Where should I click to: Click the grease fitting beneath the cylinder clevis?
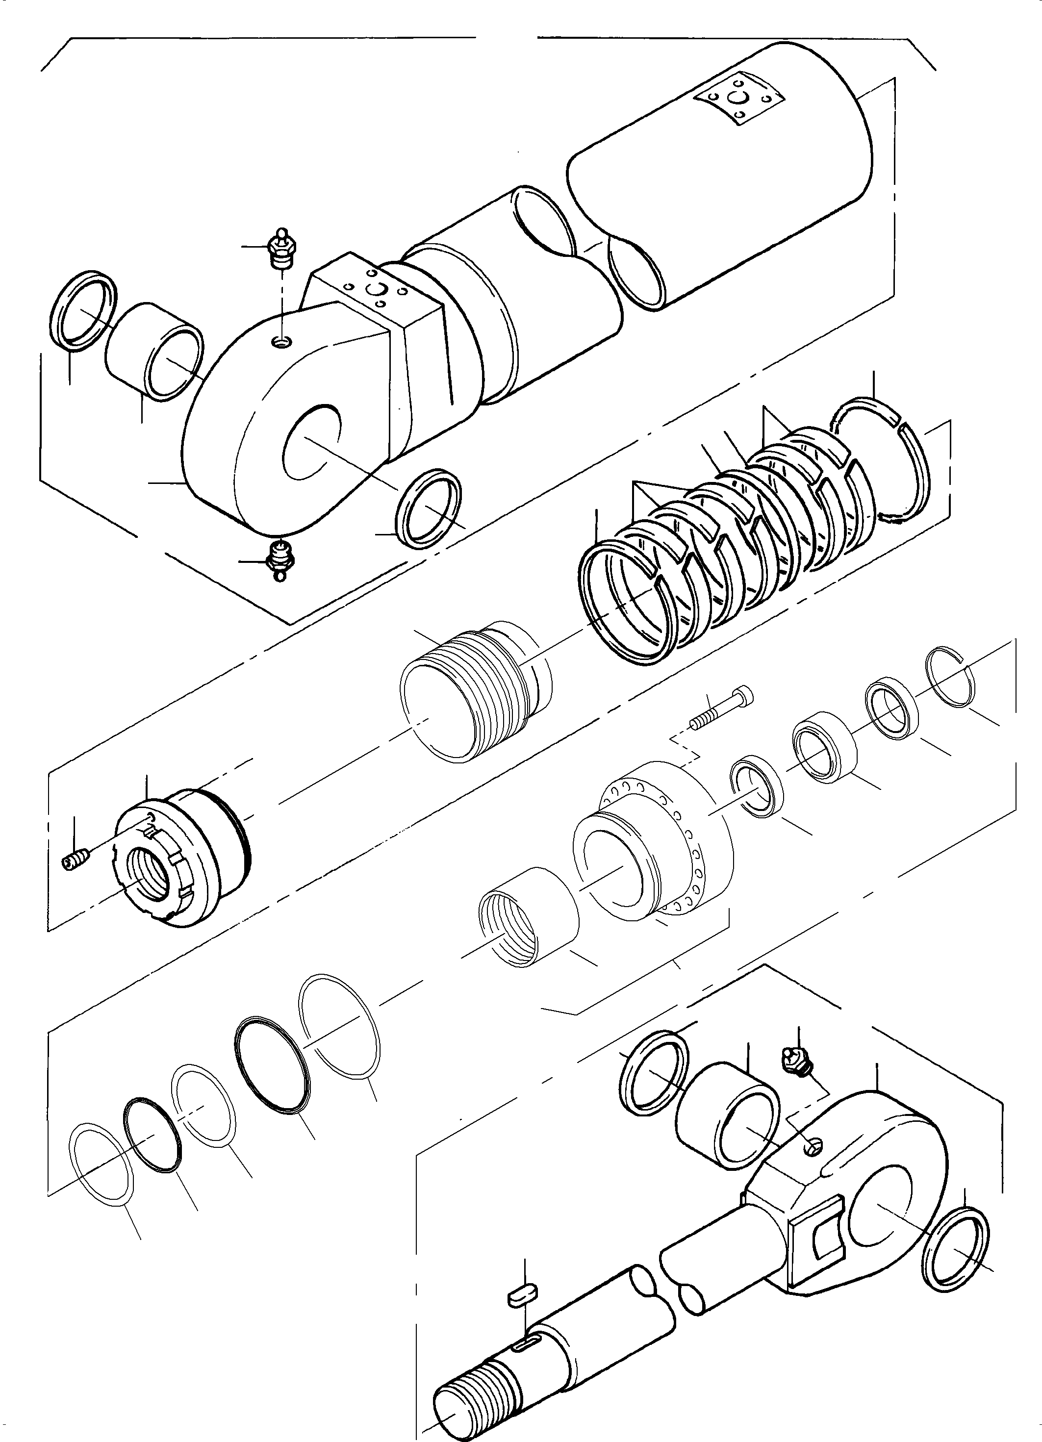(x=280, y=560)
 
